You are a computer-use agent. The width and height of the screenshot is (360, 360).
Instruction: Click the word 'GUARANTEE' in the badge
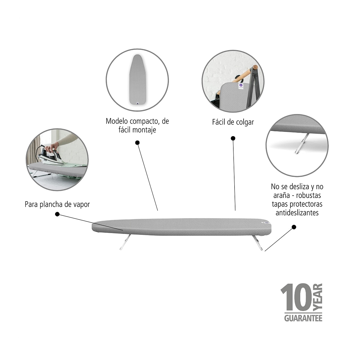303,318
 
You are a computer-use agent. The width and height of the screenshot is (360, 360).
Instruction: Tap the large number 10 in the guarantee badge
296,298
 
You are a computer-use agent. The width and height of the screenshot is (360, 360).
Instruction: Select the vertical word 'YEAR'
318,297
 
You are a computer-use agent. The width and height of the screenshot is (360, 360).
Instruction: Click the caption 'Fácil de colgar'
233,122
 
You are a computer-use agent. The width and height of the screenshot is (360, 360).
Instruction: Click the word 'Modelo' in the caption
117,121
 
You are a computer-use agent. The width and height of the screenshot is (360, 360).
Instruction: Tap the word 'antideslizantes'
297,213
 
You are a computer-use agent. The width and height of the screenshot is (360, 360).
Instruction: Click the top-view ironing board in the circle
138,79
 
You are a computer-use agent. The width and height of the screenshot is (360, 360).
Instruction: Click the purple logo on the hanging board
241,85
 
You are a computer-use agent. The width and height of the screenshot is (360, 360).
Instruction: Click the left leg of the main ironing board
125,242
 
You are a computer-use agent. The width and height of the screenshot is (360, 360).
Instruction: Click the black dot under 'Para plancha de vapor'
57,214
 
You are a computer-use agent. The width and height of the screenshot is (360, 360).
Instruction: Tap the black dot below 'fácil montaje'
137,143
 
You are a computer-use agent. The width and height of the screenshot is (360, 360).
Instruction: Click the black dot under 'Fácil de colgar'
233,138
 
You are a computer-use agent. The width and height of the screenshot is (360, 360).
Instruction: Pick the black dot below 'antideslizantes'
294,227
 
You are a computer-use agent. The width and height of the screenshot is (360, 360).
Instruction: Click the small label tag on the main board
266,222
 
